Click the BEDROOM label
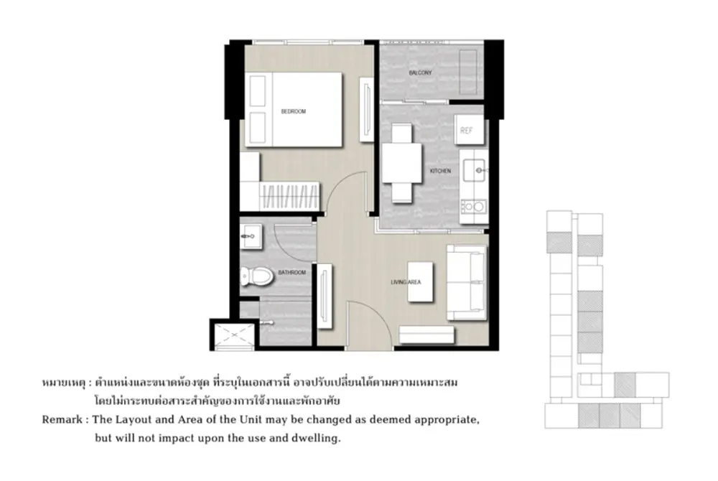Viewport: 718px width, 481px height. (293, 111)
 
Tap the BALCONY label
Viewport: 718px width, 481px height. (420, 73)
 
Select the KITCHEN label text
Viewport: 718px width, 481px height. (440, 171)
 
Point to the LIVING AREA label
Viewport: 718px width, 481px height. (406, 282)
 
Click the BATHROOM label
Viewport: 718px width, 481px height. (292, 272)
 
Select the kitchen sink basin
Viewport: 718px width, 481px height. (474, 170)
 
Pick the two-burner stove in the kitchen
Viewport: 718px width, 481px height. (473, 207)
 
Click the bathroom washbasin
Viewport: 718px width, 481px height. (251, 236)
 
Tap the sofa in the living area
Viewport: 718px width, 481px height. (467, 282)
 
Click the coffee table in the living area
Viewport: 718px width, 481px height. (420, 281)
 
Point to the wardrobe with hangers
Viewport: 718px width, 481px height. (289, 196)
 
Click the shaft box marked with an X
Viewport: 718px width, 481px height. (234, 335)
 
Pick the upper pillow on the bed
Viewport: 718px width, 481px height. (257, 91)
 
